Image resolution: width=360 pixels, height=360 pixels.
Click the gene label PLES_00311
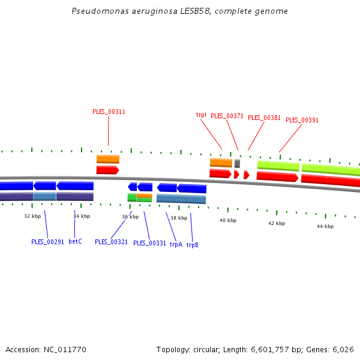tap(109, 112)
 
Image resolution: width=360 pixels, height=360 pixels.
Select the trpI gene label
tap(201, 115)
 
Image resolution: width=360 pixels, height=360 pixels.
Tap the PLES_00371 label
tap(227, 116)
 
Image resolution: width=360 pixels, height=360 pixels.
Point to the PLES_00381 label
tap(264, 118)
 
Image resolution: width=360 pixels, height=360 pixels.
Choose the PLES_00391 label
tap(302, 120)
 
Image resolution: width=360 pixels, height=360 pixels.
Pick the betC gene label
tap(75, 241)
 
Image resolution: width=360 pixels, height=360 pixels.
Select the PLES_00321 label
tap(111, 242)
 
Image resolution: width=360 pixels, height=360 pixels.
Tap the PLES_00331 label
tap(149, 243)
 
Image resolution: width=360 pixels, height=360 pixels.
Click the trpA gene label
tap(175, 244)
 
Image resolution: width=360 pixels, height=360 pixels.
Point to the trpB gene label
tap(192, 245)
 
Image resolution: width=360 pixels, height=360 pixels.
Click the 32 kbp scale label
tap(32, 215)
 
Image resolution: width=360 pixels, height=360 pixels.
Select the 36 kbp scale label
tap(130, 217)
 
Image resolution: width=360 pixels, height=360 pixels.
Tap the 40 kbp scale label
tap(228, 220)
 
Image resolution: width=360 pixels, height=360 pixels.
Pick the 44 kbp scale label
tap(325, 226)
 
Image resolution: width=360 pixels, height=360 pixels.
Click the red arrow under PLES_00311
tap(107, 170)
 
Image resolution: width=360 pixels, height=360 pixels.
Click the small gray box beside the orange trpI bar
tap(237, 163)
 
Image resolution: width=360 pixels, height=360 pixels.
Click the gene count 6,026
tap(343, 349)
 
